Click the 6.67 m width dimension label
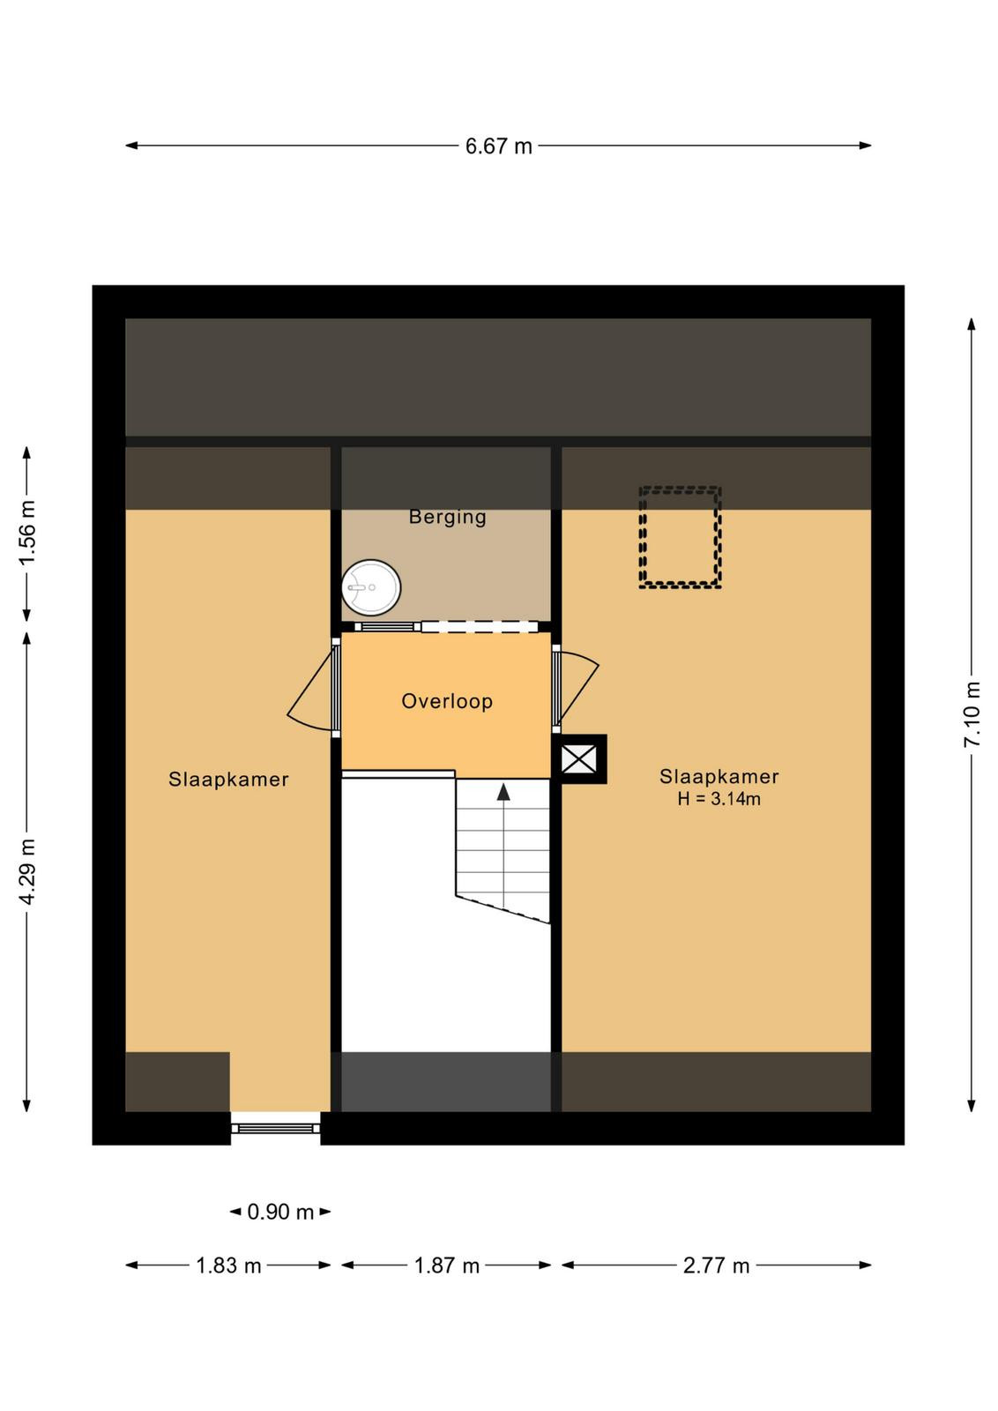[x=499, y=146]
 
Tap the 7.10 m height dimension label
[x=972, y=713]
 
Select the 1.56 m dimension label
[x=26, y=533]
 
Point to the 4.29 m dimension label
[x=26, y=871]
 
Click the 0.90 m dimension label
[x=280, y=1212]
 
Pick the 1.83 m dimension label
[x=228, y=1265]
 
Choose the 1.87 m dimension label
[x=447, y=1265]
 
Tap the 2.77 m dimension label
[x=717, y=1265]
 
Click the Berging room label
[x=447, y=517]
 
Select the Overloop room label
[x=447, y=701]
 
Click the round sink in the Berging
[x=371, y=587]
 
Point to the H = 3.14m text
[x=719, y=799]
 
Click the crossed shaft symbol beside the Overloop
[x=579, y=759]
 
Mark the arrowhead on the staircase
[x=503, y=792]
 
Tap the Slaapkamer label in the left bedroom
[x=228, y=780]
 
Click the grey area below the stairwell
[x=446, y=1081]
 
